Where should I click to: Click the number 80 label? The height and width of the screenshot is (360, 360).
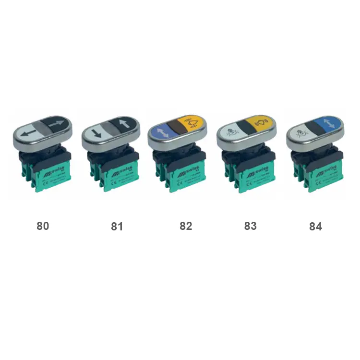(43, 226)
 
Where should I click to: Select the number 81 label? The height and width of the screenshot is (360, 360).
(117, 226)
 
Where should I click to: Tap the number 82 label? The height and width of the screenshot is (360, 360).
(186, 226)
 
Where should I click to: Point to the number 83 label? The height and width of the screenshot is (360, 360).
(250, 226)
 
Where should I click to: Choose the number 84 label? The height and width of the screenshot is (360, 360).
(316, 226)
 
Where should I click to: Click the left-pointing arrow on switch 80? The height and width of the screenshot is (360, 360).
(28, 130)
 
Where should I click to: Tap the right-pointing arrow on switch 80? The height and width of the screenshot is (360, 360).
(57, 126)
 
